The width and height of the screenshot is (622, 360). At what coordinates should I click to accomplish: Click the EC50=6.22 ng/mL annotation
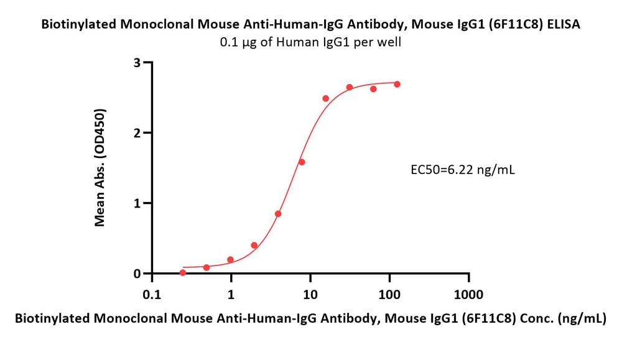point(463,170)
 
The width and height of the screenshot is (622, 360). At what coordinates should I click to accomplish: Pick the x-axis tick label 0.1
point(152,295)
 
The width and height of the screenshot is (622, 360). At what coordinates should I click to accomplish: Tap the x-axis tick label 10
point(310,295)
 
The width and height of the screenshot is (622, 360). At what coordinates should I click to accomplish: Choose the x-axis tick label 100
point(389,295)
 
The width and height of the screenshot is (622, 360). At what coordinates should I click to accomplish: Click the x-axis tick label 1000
point(469,295)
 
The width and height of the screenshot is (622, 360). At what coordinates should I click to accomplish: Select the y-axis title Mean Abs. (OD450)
point(100,167)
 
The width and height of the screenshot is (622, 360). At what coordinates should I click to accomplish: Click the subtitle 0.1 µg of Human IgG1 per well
point(310,42)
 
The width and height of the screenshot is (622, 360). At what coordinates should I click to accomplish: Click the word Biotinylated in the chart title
point(79,25)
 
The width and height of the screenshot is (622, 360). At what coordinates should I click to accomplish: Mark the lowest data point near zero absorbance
point(182,272)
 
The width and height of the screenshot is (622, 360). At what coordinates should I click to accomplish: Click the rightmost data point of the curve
point(397,84)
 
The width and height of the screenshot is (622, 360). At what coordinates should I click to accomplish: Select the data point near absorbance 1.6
point(302,162)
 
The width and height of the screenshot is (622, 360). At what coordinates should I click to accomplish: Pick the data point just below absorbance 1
point(277,214)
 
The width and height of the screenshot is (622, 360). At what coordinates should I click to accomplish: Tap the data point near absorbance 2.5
point(326,98)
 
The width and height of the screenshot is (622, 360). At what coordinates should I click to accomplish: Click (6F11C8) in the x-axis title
point(489,318)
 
